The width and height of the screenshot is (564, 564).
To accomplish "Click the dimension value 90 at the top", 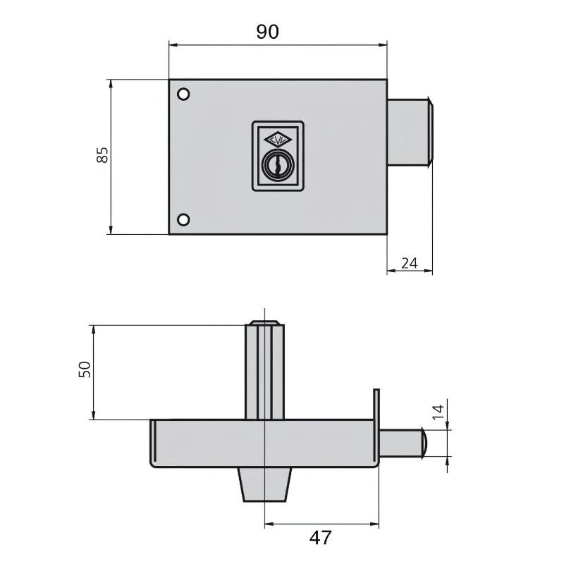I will [267, 32].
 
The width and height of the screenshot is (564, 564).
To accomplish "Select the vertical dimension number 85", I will [102, 156].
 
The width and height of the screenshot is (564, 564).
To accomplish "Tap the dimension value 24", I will [409, 263].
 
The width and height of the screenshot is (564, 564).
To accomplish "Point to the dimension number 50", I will [84, 369].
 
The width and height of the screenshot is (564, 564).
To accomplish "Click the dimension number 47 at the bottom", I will [320, 538].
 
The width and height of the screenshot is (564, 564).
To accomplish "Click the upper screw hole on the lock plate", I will [183, 94].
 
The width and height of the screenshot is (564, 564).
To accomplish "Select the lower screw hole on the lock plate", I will [183, 219].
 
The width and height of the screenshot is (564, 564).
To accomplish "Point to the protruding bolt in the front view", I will [410, 132].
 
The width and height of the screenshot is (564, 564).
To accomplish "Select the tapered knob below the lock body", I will [265, 484].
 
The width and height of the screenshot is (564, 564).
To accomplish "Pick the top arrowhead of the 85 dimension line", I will [110, 82].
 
